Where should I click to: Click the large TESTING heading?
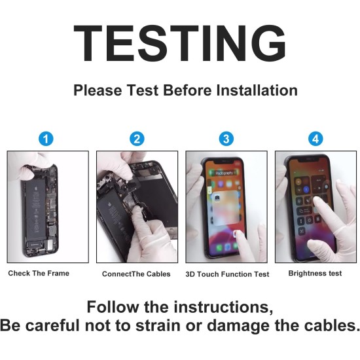pos(179,43)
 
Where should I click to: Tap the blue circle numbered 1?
pos(46,139)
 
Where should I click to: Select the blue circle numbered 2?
pos(137,139)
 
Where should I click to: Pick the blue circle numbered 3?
pos(226,139)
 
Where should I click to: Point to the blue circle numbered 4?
pos(315,139)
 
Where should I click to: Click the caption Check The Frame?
pos(39,273)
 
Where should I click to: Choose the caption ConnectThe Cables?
pos(136,274)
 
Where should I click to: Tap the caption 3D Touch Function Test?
pos(227,274)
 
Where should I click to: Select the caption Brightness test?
pos(315,273)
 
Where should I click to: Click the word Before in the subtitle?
pos(187,90)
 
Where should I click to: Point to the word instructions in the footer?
pos(223,307)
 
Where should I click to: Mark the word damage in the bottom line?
pos(238,327)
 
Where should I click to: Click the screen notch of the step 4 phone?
pos(308,160)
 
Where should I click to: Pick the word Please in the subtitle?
pos(98,90)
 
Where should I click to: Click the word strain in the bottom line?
pos(158,325)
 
